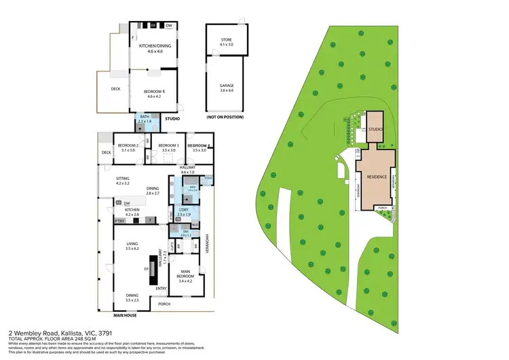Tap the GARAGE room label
[x=226, y=86]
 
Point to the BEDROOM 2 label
[x=128, y=146]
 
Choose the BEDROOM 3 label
[x=168, y=146]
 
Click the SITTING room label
[x=122, y=179]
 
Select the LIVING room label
[x=132, y=246]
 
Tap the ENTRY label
[x=161, y=289]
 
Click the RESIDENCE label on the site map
[x=377, y=177]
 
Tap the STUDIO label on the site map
[x=376, y=129]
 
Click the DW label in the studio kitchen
[x=168, y=26]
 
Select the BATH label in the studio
[x=145, y=117]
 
